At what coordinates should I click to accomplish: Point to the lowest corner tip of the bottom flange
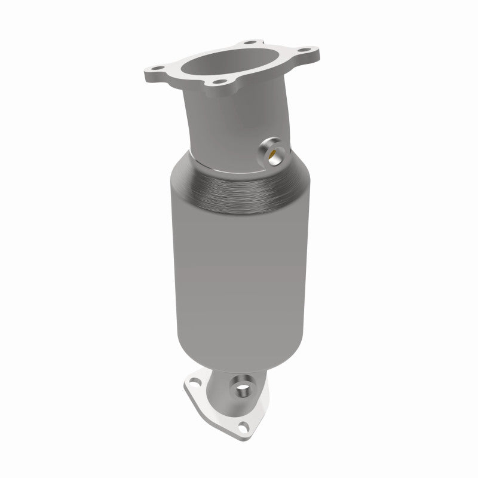click(245, 436)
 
